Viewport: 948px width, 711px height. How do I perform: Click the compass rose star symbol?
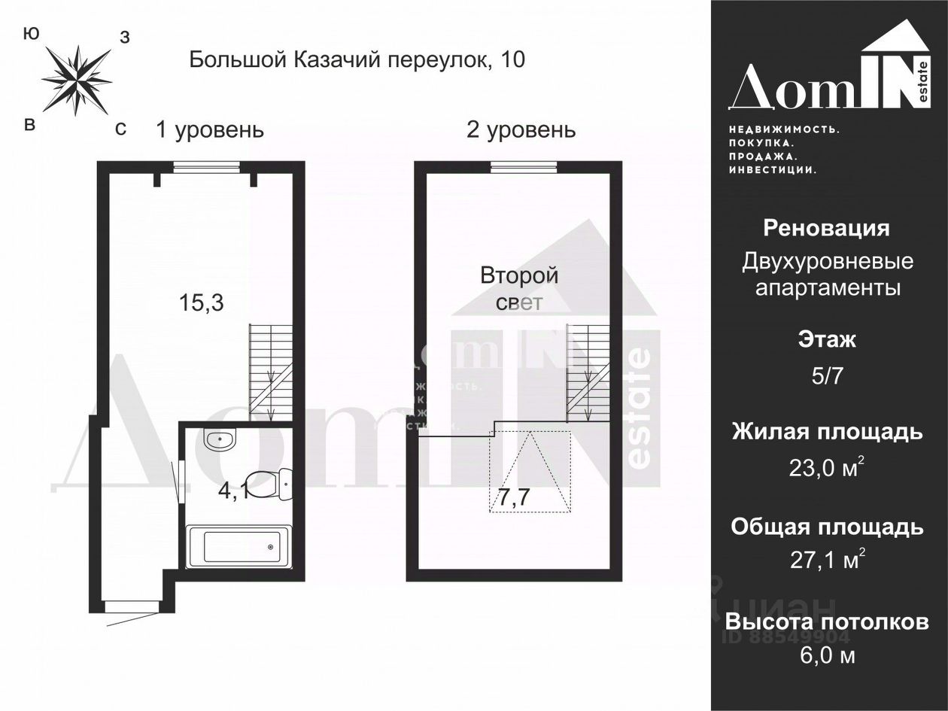point(76,79)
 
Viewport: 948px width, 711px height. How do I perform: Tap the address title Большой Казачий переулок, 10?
point(357,59)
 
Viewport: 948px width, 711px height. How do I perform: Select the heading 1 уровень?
point(210,129)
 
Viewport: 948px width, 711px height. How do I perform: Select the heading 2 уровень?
point(521,129)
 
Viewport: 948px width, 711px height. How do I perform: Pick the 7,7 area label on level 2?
point(515,497)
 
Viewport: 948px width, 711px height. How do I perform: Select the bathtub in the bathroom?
point(237,546)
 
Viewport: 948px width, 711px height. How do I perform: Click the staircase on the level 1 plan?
point(270,372)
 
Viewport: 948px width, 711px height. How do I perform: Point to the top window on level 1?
point(206,168)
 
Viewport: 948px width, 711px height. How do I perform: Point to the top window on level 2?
point(524,168)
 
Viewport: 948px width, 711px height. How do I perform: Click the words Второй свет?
point(519,288)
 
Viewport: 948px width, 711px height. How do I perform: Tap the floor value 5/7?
point(827,375)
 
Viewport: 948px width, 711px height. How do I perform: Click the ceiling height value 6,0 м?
point(827,655)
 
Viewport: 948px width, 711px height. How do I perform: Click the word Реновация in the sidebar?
point(826,228)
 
